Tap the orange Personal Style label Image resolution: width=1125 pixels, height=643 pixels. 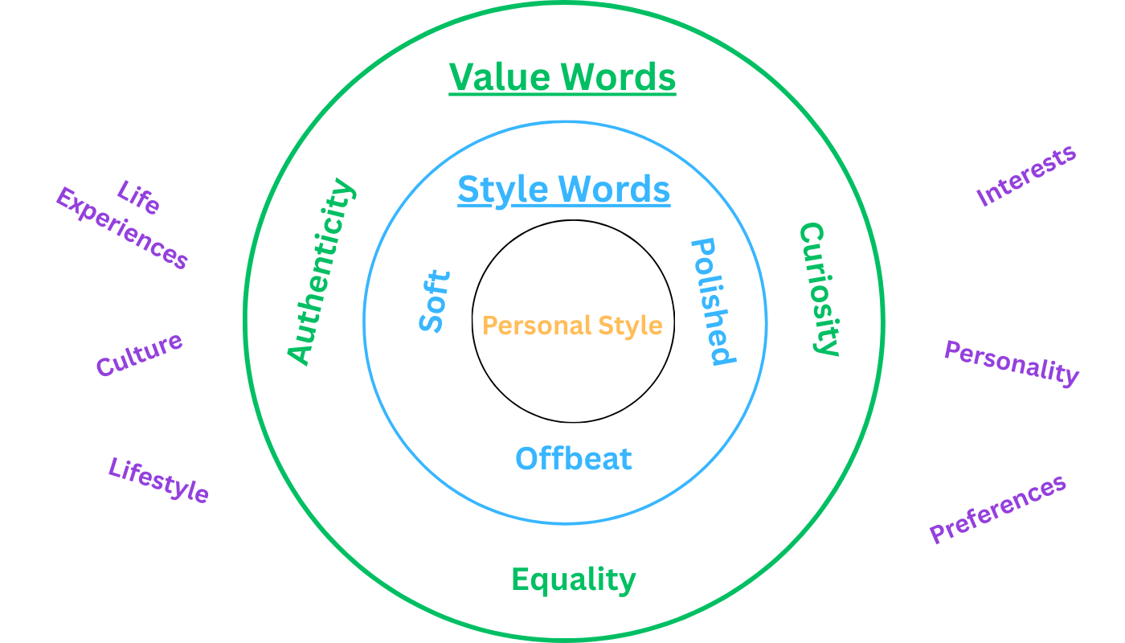click(x=572, y=326)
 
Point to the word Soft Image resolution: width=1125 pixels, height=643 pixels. click(x=435, y=301)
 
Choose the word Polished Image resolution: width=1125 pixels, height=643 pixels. click(x=714, y=301)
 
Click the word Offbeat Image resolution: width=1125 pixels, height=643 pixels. click(x=574, y=458)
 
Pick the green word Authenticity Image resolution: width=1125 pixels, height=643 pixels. click(x=321, y=272)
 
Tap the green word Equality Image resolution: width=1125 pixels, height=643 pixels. click(x=574, y=579)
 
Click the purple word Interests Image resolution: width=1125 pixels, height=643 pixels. click(x=1026, y=176)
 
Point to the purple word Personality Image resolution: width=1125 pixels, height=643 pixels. click(x=1012, y=363)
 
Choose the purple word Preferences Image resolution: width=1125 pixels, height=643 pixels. click(x=998, y=510)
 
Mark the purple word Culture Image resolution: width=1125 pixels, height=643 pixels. click(x=139, y=354)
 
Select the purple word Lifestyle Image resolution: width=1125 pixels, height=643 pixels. click(x=158, y=481)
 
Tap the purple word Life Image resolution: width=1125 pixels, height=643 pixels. click(x=138, y=197)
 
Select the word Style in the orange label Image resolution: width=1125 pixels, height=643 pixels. click(x=630, y=326)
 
